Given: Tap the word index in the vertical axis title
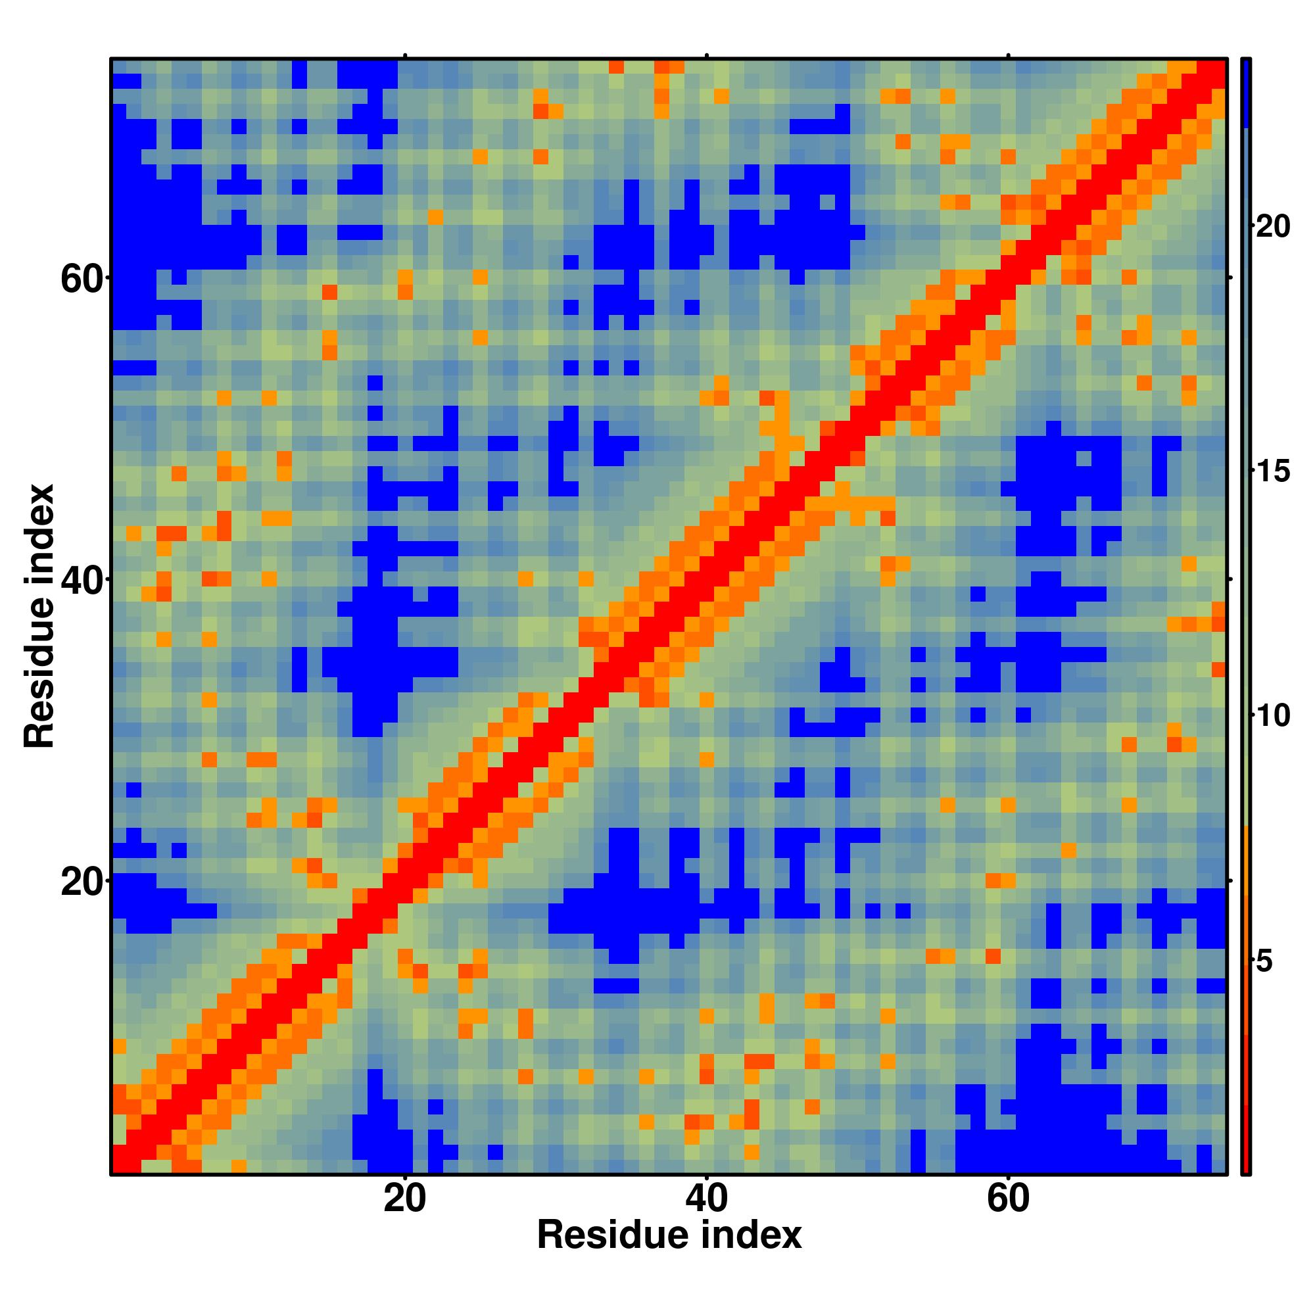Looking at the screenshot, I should (x=39, y=527).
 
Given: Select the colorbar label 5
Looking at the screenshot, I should (x=1264, y=963).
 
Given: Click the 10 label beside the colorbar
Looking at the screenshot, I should (x=1272, y=715).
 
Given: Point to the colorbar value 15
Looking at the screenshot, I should (x=1272, y=471).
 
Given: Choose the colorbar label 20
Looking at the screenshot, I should (x=1272, y=227).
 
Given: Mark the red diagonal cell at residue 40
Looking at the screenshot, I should (x=707, y=579).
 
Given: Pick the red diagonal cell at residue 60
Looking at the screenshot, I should (x=1008, y=277).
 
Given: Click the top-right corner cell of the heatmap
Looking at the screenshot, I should (x=1218, y=66).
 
